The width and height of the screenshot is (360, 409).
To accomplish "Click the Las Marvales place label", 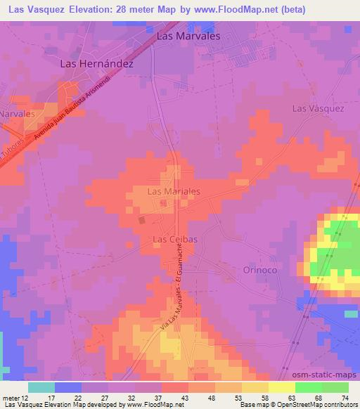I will pyautogui.click(x=188, y=35).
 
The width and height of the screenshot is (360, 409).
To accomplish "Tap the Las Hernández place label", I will pyautogui.click(x=97, y=63).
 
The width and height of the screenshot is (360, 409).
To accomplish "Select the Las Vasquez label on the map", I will pyautogui.click(x=319, y=108).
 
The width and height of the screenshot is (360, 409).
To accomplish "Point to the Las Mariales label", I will pyautogui.click(x=174, y=190).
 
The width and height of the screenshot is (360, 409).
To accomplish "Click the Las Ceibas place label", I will pyautogui.click(x=174, y=240).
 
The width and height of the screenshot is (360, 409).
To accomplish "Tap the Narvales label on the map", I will pyautogui.click(x=18, y=113).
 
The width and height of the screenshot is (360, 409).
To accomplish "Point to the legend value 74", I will pyautogui.click(x=345, y=398).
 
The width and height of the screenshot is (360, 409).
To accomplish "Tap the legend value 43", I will pyautogui.click(x=184, y=398).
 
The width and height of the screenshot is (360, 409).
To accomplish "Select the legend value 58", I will pyautogui.click(x=264, y=398).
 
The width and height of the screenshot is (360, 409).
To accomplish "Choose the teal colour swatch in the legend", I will pyautogui.click(x=41, y=387).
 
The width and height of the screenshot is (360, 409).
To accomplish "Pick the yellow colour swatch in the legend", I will pyautogui.click(x=282, y=387).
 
